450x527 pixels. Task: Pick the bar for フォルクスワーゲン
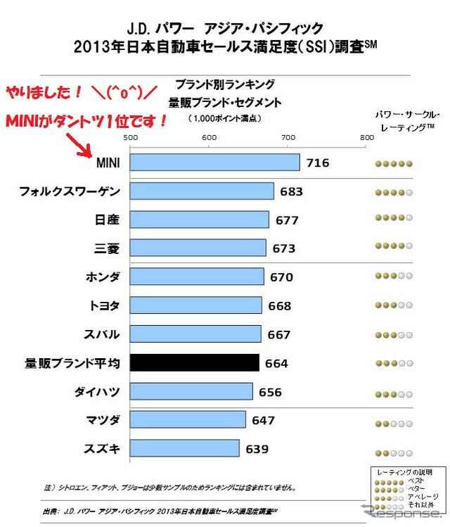click(x=202, y=191)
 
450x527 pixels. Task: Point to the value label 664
click(x=276, y=364)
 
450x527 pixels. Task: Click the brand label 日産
click(x=107, y=220)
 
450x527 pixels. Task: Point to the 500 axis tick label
click(x=130, y=138)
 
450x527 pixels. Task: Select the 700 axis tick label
click(x=288, y=138)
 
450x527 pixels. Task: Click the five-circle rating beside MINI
click(x=393, y=163)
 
